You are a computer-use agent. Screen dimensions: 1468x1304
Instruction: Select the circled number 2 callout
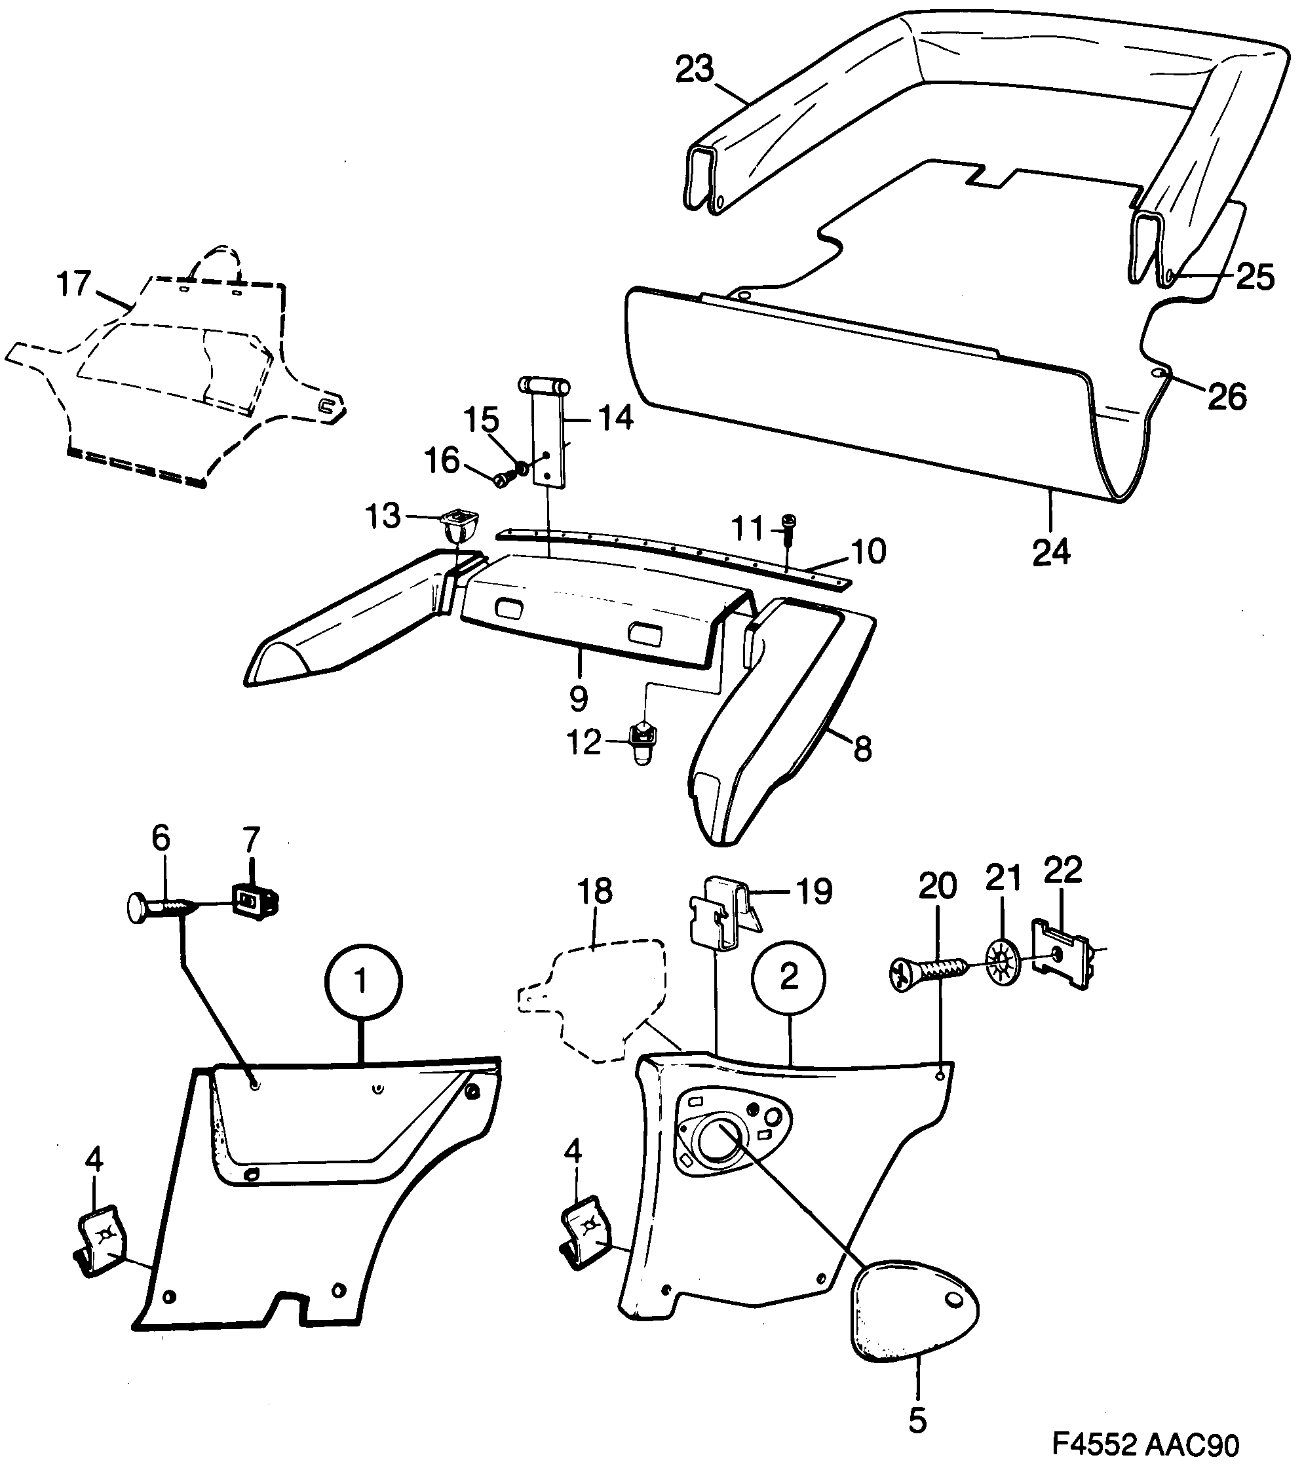[789, 976]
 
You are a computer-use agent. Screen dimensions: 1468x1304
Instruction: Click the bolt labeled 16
[505, 476]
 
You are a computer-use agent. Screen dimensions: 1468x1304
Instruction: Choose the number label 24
[1051, 552]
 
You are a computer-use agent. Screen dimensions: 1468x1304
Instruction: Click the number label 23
[695, 69]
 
